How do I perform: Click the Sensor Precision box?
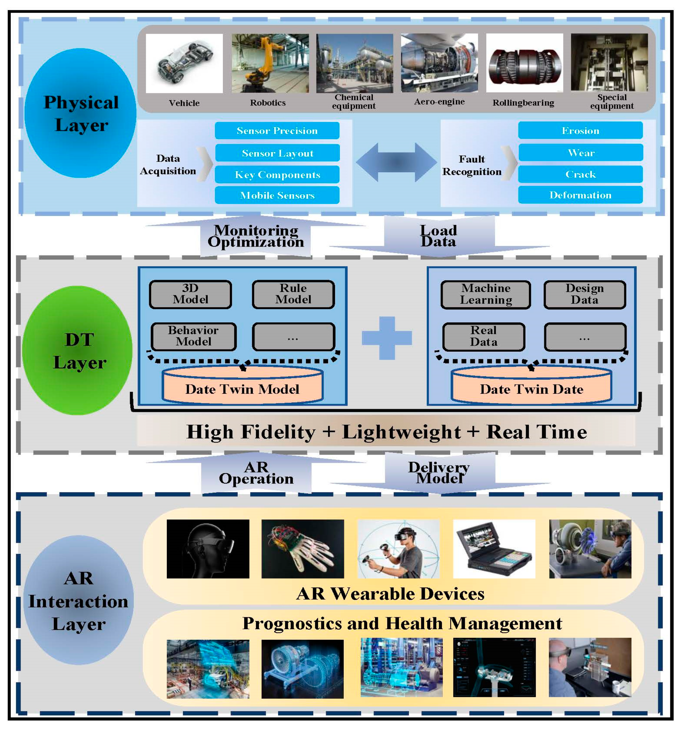point(277,131)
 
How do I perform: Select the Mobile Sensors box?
point(277,195)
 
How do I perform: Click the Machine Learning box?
point(485,294)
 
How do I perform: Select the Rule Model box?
point(293,294)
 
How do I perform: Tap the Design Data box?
point(584,294)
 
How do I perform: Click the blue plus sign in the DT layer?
point(387,338)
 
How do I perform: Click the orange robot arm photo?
point(270,63)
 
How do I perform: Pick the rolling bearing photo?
point(524,63)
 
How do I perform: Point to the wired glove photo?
point(302,549)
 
